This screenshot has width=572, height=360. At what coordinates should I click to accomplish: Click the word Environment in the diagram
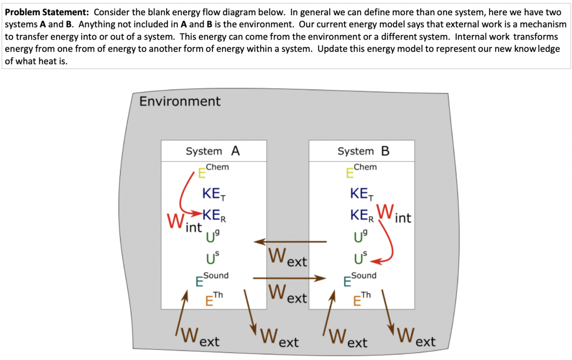pos(180,102)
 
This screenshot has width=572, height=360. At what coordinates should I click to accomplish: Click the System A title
pos(213,151)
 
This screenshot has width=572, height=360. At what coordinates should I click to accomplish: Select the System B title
pos(364,151)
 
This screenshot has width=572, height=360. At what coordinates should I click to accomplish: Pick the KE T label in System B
pos(361,194)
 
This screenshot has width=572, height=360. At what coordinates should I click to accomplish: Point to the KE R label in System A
pos(214,216)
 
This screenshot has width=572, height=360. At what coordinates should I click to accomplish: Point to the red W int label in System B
pos(393,214)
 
